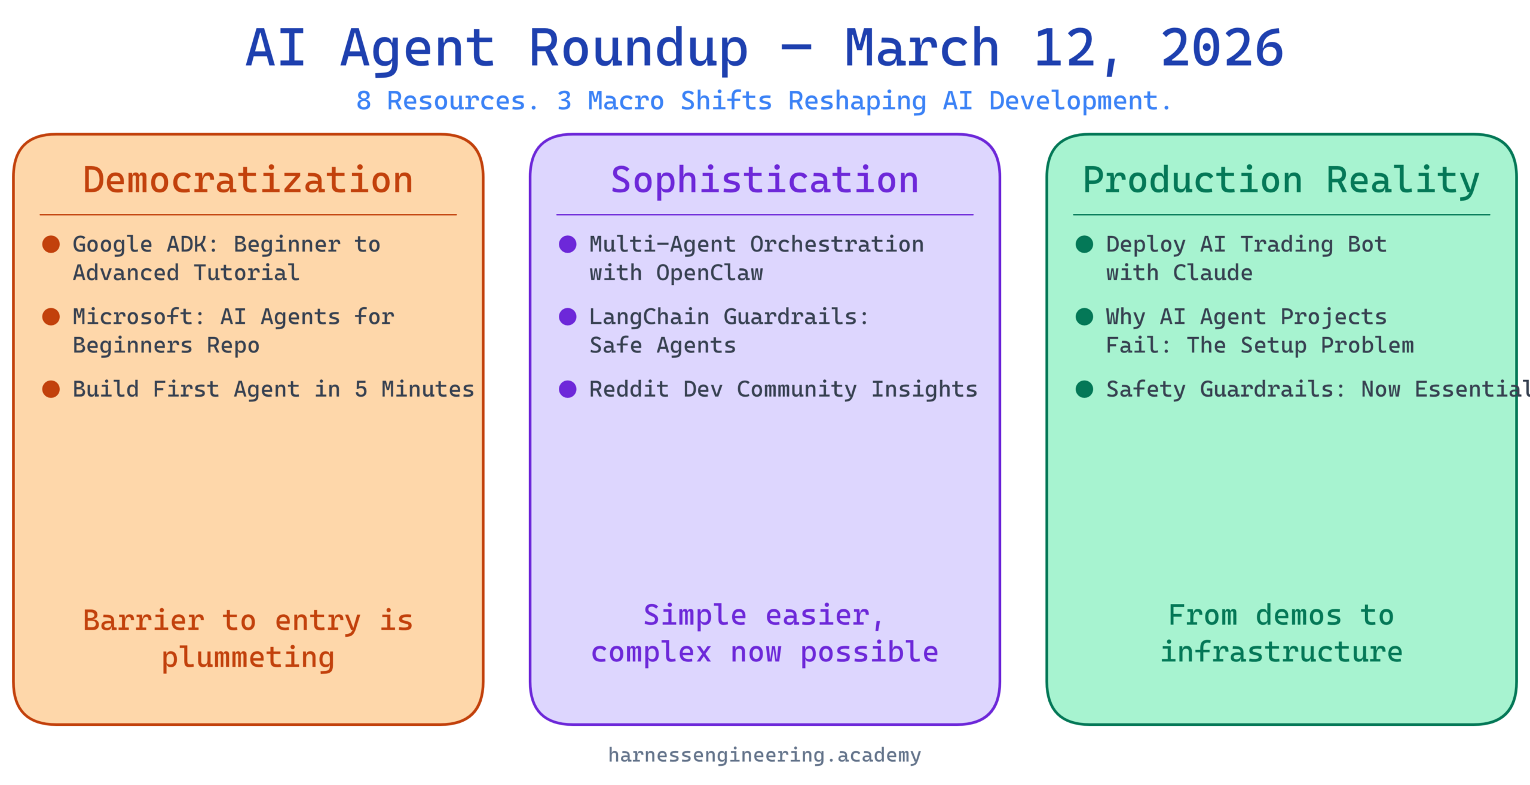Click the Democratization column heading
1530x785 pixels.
pos(248,180)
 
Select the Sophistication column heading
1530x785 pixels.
pos(764,181)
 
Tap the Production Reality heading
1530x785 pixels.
pos(1281,181)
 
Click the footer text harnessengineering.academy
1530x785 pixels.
pos(764,756)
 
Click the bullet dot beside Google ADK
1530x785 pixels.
pos(51,244)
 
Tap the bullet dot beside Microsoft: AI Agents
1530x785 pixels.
pos(51,317)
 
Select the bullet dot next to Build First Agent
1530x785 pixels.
pos(51,389)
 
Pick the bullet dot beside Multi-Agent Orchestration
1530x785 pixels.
pos(567,244)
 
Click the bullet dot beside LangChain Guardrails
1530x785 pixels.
pos(567,317)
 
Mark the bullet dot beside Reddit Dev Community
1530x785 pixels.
pos(567,389)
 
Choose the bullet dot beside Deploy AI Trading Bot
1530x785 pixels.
pos(1084,244)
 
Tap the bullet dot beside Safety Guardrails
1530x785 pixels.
pos(1084,389)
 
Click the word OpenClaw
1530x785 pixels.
pos(709,274)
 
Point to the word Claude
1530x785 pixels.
pos(1213,273)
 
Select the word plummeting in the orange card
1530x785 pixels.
pos(248,658)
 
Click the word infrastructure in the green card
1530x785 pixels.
pos(1281,652)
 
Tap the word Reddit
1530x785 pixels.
pos(629,389)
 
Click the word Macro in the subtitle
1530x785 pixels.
pos(626,101)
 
